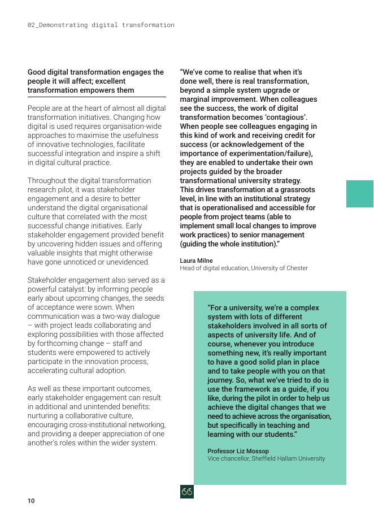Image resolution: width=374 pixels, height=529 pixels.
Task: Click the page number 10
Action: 31,501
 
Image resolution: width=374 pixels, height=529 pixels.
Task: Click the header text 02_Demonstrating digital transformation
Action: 101,25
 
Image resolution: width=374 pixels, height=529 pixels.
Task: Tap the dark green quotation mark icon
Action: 187,492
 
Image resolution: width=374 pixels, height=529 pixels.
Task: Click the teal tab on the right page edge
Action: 360,194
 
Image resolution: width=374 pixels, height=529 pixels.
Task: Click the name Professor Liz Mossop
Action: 238,451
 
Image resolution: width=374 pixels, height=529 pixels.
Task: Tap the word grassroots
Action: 296,190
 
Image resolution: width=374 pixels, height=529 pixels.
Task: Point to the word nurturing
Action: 44,416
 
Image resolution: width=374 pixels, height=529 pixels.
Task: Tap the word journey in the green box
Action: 221,380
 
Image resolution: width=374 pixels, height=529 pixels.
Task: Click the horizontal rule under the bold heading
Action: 97,97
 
